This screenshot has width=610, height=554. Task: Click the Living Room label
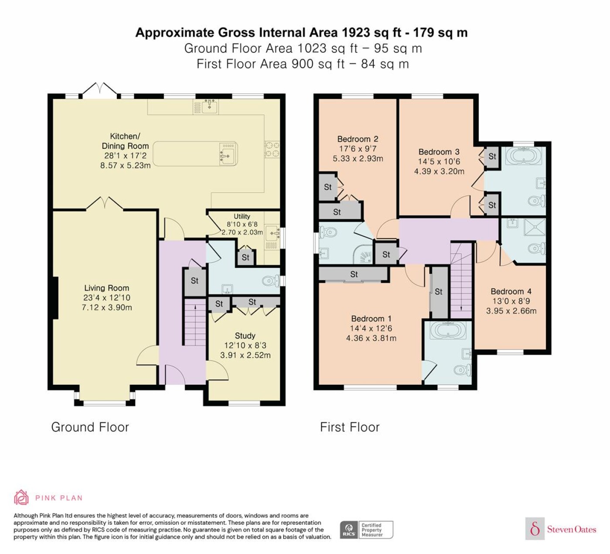tap(106, 288)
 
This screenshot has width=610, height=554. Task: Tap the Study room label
tap(245, 335)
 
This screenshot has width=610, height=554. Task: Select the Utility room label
tap(242, 216)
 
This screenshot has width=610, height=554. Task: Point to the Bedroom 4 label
tap(511, 291)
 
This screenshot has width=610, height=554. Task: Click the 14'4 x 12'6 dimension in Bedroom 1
tap(371, 328)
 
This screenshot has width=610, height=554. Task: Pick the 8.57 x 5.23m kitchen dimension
tap(125, 165)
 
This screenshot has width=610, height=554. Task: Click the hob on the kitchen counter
tap(272, 149)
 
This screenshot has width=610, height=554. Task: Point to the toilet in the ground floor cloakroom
tap(271, 280)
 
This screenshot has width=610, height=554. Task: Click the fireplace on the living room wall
tap(55, 298)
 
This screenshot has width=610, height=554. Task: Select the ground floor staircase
tap(195, 322)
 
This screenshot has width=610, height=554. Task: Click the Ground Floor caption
tap(90, 427)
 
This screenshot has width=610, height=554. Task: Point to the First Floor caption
tap(350, 427)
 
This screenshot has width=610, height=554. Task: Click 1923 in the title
tap(353, 32)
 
